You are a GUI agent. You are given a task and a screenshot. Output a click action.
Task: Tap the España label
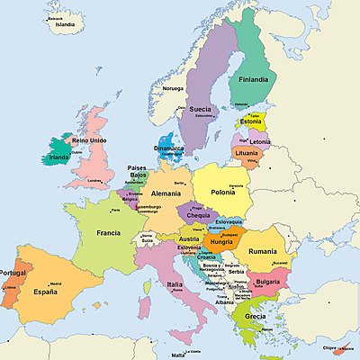click(50, 292)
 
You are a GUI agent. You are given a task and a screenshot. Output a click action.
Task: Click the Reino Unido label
click(89, 141)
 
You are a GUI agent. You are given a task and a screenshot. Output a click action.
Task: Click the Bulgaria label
click(267, 281)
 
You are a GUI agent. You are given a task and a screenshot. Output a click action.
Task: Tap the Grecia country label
click(254, 317)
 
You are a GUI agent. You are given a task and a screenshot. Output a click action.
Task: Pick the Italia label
click(175, 284)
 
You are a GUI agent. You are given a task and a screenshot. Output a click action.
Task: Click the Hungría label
click(220, 242)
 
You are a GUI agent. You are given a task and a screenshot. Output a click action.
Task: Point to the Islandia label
click(65, 24)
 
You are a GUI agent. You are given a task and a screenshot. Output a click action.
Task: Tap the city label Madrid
click(55, 283)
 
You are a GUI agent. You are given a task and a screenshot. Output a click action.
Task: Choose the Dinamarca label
click(168, 148)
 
